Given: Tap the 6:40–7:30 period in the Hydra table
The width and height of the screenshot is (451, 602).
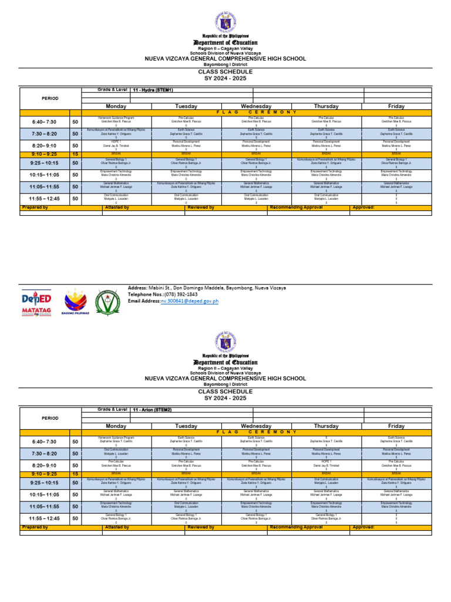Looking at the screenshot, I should [45, 122].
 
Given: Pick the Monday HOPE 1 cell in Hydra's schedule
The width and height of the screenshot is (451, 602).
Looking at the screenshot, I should [116, 145].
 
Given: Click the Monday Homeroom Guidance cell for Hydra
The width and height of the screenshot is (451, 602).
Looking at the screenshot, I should [116, 121].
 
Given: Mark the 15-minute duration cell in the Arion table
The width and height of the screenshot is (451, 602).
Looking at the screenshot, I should [75, 473].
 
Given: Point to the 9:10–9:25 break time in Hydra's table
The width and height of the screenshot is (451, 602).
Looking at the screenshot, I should [45, 154].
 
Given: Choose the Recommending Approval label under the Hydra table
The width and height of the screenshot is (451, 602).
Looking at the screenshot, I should [297, 208].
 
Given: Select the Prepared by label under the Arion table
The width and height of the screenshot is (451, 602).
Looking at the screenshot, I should [35, 527].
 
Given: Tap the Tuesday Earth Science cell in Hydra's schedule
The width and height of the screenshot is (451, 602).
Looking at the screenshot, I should [186, 133].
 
